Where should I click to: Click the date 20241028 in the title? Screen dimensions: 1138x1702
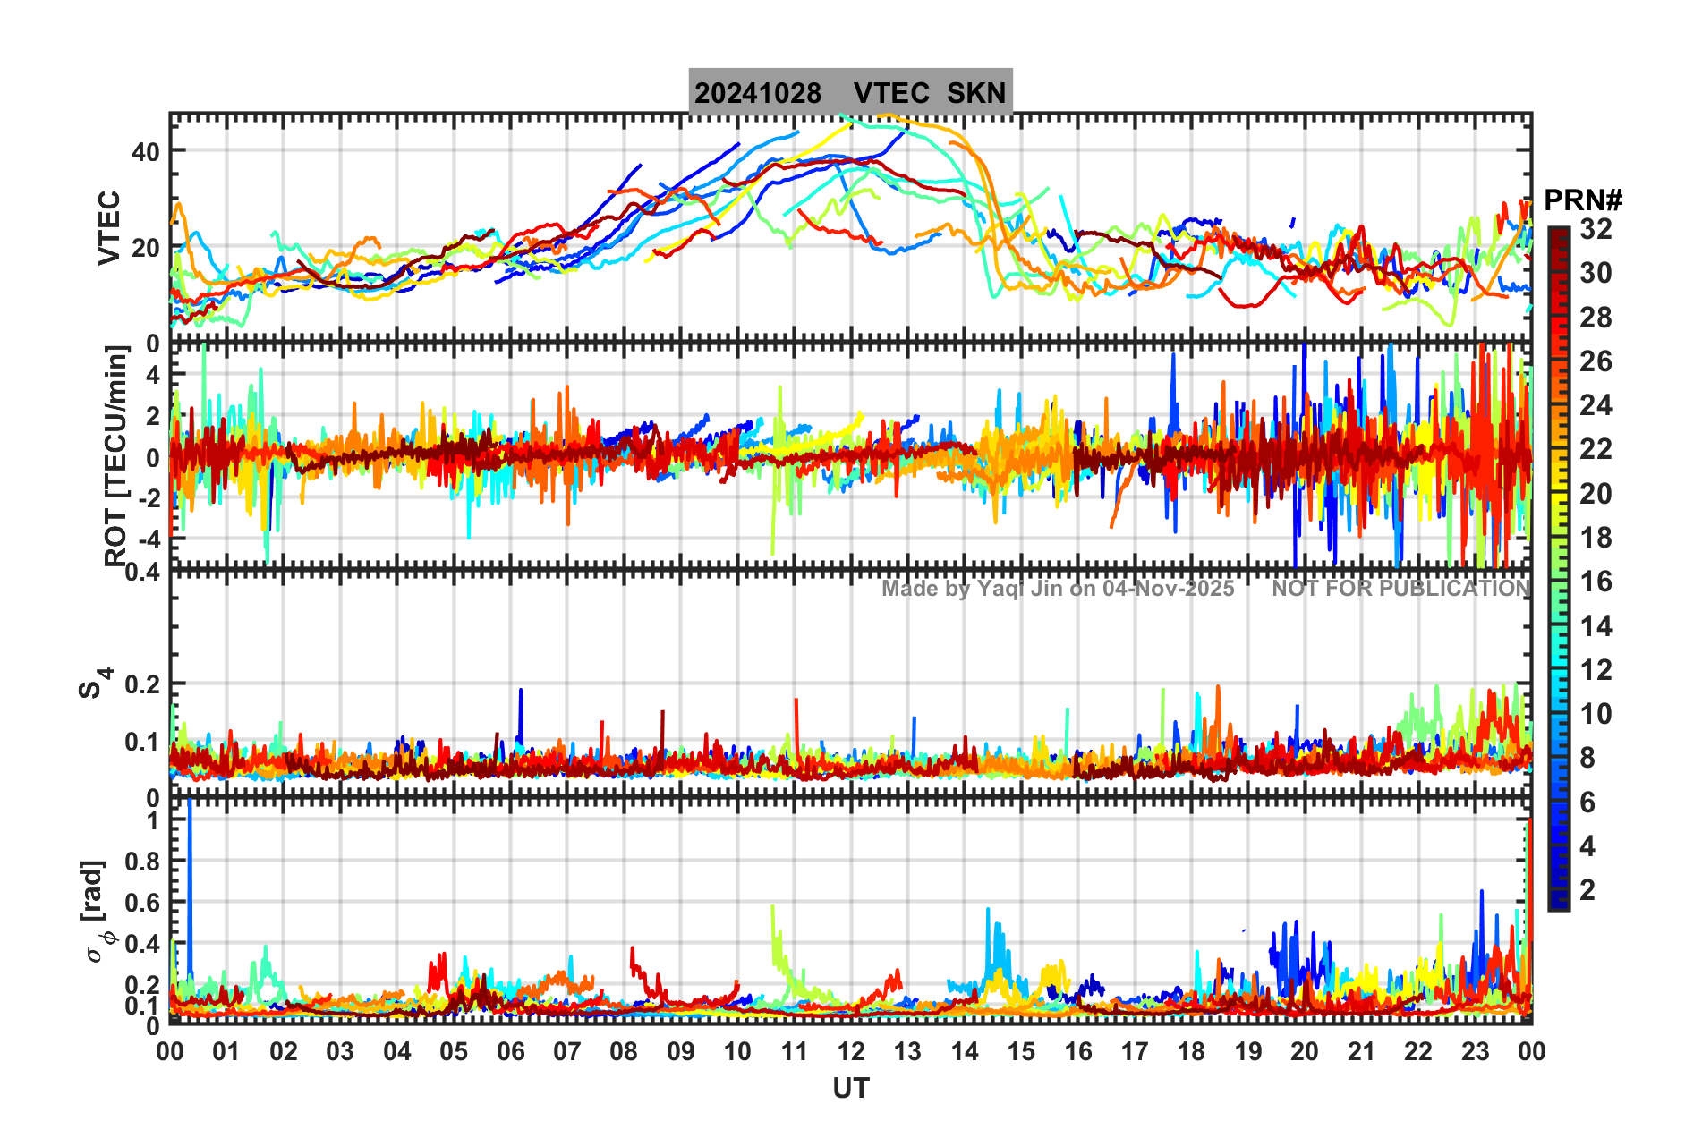[x=758, y=93]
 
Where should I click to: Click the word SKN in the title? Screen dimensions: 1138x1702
[x=976, y=93]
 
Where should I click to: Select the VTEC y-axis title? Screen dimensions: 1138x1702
[x=109, y=228]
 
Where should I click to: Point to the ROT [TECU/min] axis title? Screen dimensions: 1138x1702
[x=116, y=456]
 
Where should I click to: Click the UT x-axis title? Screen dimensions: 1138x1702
[x=850, y=1088]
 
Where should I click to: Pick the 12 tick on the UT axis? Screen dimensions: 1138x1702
[x=850, y=1051]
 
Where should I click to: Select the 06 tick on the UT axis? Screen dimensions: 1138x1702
[x=510, y=1051]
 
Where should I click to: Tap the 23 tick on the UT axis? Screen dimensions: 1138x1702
[x=1475, y=1051]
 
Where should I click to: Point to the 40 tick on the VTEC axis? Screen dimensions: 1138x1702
[x=146, y=151]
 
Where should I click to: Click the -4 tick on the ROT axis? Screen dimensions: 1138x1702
[x=149, y=539]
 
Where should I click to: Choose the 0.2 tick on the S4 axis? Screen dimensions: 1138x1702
[x=142, y=684]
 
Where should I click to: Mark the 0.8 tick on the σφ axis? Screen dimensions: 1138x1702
[x=142, y=862]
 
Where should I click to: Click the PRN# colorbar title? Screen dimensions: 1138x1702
[x=1583, y=200]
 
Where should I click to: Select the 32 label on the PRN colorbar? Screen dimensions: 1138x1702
[x=1596, y=229]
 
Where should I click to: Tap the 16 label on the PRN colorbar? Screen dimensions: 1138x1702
[x=1596, y=582]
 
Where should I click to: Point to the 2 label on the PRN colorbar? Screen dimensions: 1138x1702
[x=1588, y=889]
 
